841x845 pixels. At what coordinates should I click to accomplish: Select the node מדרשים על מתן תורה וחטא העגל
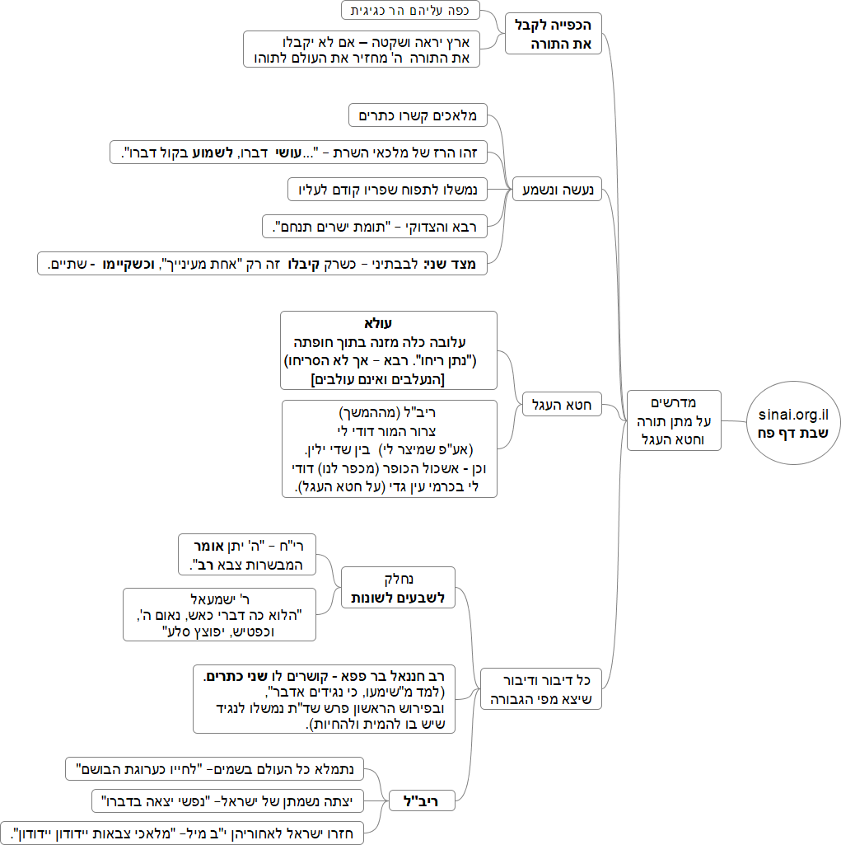click(x=674, y=420)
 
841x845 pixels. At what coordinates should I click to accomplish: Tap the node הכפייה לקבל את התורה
click(x=554, y=34)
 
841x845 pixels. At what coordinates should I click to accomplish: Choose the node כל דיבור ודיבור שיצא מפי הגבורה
click(x=543, y=689)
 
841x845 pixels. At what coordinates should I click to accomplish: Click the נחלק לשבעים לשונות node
click(x=398, y=588)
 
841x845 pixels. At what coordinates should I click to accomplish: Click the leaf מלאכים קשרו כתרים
click(x=418, y=115)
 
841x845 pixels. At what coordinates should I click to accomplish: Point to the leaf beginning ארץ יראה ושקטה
click(x=362, y=49)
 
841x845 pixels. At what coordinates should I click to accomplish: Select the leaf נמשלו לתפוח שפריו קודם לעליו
click(x=387, y=189)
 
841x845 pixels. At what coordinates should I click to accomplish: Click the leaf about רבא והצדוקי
click(x=375, y=225)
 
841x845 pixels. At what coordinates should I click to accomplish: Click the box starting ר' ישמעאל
click(x=219, y=613)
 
